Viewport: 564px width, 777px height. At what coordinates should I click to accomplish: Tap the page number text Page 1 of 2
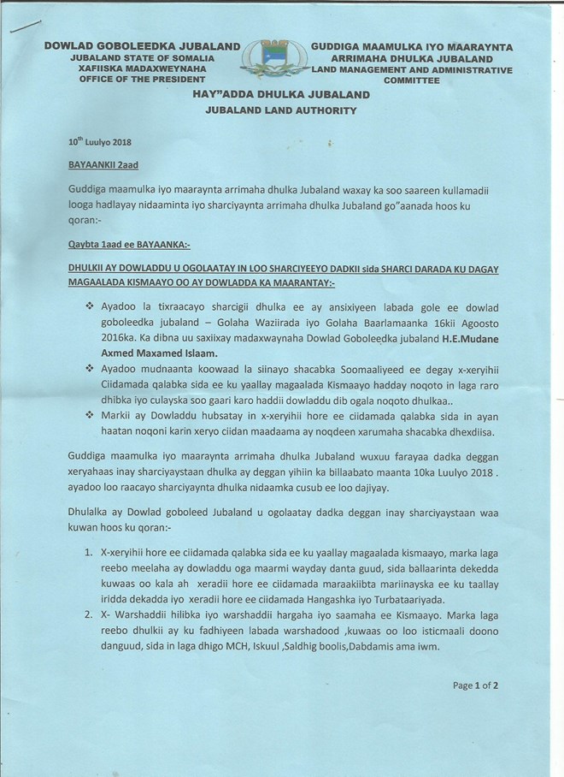(474, 685)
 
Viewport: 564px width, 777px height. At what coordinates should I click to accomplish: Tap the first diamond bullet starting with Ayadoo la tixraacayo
(89, 305)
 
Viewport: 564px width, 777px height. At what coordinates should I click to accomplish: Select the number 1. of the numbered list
(90, 554)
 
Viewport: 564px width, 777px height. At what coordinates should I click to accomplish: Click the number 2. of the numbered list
(90, 615)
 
